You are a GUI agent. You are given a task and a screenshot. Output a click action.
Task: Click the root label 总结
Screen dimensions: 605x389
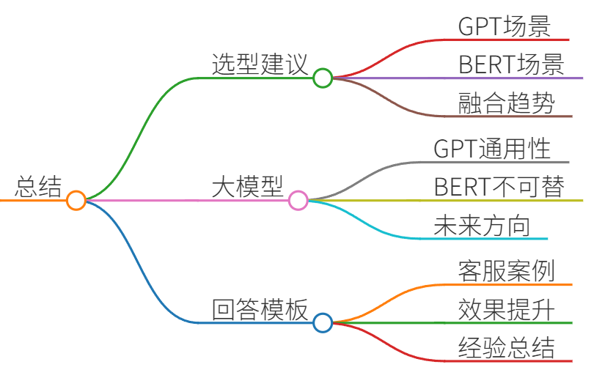point(38,187)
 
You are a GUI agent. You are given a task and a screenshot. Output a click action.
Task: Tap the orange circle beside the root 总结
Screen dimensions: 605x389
point(76,201)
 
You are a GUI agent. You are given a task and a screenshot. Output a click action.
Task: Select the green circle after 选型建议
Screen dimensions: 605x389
point(323,78)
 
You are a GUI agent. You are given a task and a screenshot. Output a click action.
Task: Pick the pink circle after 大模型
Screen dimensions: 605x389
point(298,201)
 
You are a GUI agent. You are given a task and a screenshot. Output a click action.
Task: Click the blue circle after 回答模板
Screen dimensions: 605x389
point(323,322)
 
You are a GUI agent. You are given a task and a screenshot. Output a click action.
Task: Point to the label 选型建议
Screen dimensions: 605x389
point(260,64)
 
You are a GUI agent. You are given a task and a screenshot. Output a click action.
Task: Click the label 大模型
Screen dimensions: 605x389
point(248,187)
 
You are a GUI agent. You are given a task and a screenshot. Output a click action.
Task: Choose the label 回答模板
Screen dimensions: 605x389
point(260,309)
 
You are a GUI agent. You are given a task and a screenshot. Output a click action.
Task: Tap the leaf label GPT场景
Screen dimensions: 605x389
point(505,26)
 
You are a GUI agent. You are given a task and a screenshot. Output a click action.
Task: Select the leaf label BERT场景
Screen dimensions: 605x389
point(511,64)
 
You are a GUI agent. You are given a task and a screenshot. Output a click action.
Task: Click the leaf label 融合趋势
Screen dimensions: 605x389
point(506,103)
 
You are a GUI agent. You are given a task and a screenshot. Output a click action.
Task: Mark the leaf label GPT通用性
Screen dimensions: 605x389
point(492,149)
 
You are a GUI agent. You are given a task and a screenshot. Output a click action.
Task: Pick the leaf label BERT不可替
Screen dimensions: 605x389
point(499,187)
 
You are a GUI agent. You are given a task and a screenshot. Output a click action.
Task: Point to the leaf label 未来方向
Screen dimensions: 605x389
point(482,225)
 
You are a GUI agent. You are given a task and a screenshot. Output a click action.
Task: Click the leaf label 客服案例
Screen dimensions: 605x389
point(506,270)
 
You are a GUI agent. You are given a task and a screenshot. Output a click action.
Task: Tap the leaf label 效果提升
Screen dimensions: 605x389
point(506,309)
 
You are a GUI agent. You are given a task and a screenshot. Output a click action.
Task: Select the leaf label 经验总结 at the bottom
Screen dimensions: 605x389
point(506,347)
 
